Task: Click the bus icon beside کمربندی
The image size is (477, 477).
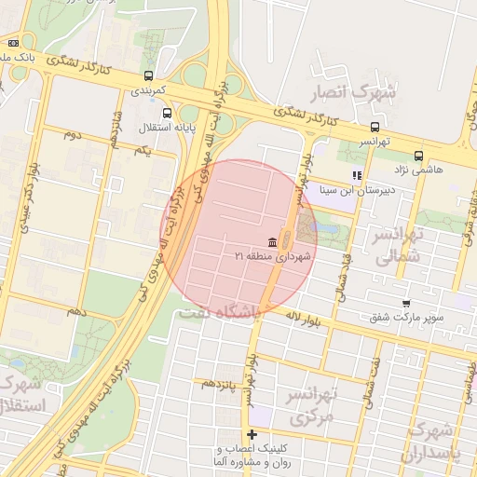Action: (147, 76)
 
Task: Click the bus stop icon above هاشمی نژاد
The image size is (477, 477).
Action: (418, 156)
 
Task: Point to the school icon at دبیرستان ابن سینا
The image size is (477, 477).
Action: (356, 175)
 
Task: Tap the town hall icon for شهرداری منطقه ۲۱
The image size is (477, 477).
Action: (272, 240)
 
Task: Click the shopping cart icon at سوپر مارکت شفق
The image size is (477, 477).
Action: (405, 303)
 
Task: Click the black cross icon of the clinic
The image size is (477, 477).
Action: (252, 434)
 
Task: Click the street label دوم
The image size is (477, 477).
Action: (71, 136)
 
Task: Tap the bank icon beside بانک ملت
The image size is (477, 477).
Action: (13, 43)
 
